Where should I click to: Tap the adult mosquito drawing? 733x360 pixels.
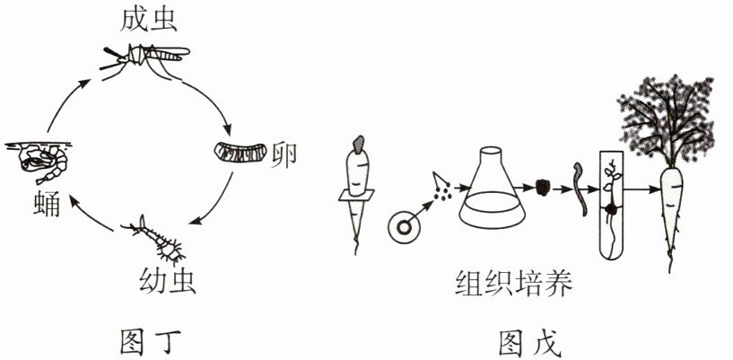pyautogui.click(x=148, y=60)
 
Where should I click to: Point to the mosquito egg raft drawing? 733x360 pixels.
pyautogui.click(x=240, y=152)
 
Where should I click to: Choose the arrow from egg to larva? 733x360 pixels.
pyautogui.click(x=218, y=202)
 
